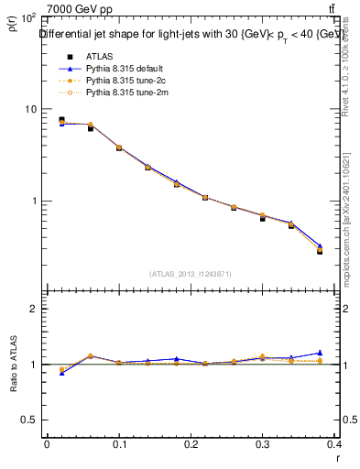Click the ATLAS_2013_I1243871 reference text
[191, 274]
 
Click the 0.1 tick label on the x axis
[119, 443]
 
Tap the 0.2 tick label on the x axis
[192, 443]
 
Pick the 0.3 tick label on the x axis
[266, 443]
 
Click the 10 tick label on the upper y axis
[28, 109]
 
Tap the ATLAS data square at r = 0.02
[61, 120]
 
